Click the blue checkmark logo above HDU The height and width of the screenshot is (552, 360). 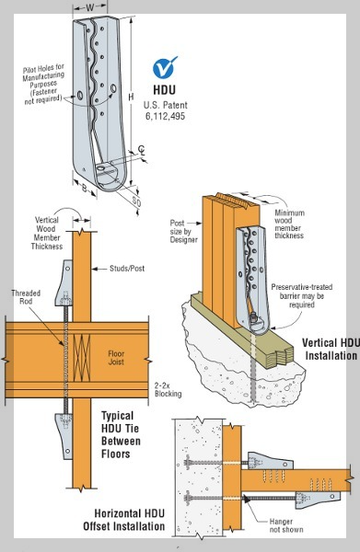165,67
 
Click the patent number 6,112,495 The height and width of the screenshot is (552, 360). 165,116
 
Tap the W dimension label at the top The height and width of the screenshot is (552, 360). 90,7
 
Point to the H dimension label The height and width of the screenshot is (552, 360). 131,97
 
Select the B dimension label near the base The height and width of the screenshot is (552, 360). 85,188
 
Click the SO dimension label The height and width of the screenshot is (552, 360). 136,201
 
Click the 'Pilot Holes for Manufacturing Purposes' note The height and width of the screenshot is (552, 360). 43,84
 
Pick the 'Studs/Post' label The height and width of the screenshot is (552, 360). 127,269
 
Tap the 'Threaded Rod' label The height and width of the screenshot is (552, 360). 26,297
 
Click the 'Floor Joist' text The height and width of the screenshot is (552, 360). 116,358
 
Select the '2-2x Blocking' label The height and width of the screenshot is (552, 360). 168,389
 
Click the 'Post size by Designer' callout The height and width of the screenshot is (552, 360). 183,231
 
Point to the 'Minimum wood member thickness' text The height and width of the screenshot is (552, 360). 289,224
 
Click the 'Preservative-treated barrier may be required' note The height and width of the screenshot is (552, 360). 301,295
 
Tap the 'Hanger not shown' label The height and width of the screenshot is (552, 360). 286,525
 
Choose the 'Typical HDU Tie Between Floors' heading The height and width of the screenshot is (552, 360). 121,435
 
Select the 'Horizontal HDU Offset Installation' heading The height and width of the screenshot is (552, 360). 124,520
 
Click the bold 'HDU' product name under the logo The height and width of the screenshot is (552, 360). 164,90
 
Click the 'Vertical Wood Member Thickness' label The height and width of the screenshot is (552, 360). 47,233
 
